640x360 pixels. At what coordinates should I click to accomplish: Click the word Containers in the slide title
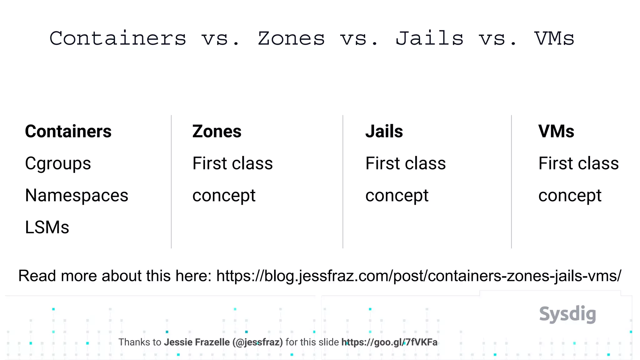pos(118,39)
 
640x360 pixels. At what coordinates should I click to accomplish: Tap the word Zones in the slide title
pos(291,39)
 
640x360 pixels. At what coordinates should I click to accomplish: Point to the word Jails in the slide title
pos(429,39)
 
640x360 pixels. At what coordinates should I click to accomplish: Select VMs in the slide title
pos(554,39)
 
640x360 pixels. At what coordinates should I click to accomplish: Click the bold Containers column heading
pos(68,131)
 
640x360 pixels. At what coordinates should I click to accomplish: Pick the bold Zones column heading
pos(217,131)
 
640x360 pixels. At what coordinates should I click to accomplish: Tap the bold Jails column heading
pos(384,131)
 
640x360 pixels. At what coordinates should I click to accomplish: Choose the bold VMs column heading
pos(556,131)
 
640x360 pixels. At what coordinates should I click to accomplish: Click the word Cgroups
pos(58,163)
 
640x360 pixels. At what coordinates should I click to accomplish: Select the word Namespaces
pos(77,196)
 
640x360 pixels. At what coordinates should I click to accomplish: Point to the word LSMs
pos(47,227)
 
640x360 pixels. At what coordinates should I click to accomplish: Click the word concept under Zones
pos(224,196)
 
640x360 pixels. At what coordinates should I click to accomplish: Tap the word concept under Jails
pos(397,196)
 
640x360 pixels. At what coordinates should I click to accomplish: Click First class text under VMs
pos(578,163)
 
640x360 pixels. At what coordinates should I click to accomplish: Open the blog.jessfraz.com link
pos(419,276)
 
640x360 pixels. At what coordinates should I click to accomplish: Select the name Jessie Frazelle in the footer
pos(197,342)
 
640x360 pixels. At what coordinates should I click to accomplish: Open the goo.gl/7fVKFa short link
pos(389,342)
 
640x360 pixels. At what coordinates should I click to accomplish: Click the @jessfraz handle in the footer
pos(257,342)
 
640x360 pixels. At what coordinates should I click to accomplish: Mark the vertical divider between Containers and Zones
pos(171,181)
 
